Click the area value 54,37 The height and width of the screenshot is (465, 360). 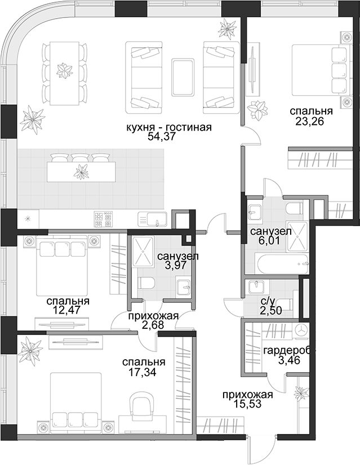(162, 137)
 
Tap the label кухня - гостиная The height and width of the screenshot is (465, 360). (169, 127)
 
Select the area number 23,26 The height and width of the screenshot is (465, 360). (310, 121)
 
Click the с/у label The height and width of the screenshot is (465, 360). (267, 301)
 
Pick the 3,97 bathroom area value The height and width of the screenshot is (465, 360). (176, 265)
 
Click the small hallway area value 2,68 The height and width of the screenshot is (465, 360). (153, 325)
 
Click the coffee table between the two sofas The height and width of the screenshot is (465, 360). (183, 77)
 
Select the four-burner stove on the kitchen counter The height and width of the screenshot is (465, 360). (104, 219)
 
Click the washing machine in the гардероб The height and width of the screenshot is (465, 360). (302, 330)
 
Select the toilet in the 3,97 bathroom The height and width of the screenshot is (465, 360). (146, 283)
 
